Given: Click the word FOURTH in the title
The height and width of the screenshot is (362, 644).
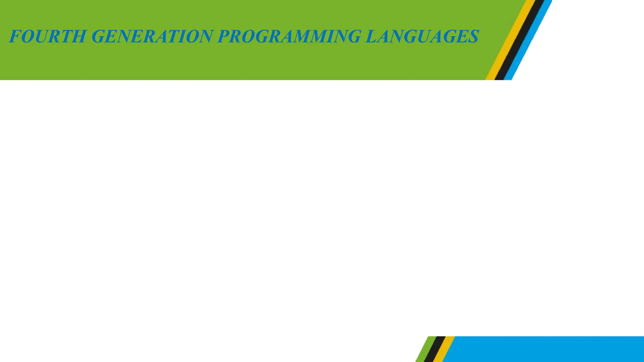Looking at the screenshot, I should [x=47, y=36].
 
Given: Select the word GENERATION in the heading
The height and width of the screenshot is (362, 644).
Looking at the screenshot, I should [x=153, y=36].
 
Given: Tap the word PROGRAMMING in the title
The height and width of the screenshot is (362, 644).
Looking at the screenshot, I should [x=289, y=36].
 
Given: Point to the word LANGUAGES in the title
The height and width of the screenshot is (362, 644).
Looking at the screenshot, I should [x=422, y=36].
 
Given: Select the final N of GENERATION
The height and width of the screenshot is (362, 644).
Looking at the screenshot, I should [x=206, y=36].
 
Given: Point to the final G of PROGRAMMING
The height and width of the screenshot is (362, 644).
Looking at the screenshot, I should [x=353, y=36].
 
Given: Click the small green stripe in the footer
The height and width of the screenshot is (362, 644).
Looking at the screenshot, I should [x=425, y=349].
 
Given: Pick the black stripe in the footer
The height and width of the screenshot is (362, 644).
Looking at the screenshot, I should [x=434, y=349].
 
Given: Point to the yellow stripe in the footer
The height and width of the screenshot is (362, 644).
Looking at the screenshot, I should [x=444, y=349].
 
